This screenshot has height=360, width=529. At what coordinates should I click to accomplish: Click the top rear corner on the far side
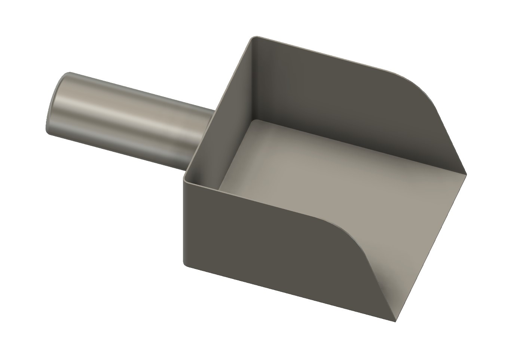coord(255,37)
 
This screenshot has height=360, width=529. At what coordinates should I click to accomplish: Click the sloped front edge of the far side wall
coord(449,135)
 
